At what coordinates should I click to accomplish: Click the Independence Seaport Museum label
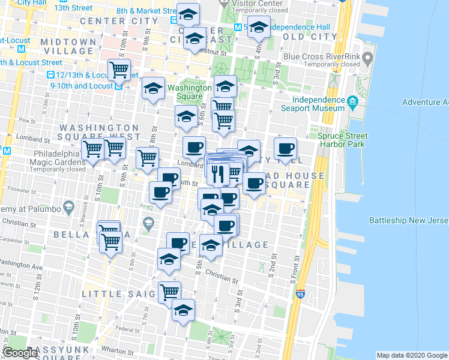point(314,104)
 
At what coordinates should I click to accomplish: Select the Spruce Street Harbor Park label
point(343,140)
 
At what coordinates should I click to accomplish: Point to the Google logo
point(20,353)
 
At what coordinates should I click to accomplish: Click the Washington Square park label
point(189,92)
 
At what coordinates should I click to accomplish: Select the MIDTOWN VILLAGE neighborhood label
point(69,46)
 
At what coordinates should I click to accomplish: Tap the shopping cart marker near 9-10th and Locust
point(119,70)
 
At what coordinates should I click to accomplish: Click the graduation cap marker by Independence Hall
point(259,28)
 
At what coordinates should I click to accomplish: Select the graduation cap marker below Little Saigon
point(184,310)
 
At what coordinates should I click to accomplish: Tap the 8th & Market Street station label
point(147,11)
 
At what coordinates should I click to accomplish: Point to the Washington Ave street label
point(20,264)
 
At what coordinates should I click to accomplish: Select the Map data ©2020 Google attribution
point(411,355)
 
